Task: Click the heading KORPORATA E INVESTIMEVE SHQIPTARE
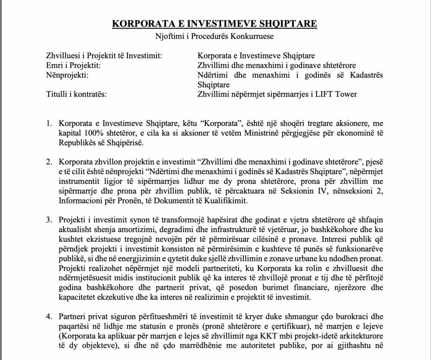(x=215, y=23)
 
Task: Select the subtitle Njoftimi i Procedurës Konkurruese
(x=215, y=36)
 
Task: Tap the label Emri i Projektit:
(x=73, y=65)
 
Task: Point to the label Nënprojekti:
(x=66, y=75)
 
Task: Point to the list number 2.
(x=49, y=162)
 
